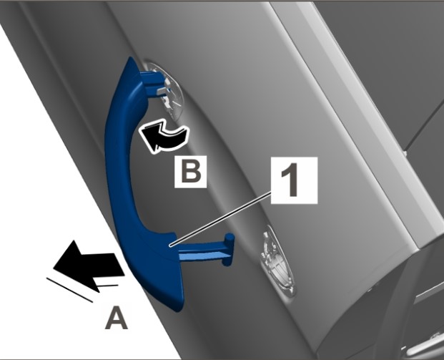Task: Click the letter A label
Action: coord(117,318)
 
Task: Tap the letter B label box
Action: coord(191,172)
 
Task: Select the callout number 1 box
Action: coord(294,180)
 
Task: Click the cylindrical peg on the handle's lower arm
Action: coord(228,250)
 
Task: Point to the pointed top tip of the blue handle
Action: coord(131,57)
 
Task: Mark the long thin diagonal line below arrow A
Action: coord(69,290)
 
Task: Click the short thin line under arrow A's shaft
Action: coord(107,286)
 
